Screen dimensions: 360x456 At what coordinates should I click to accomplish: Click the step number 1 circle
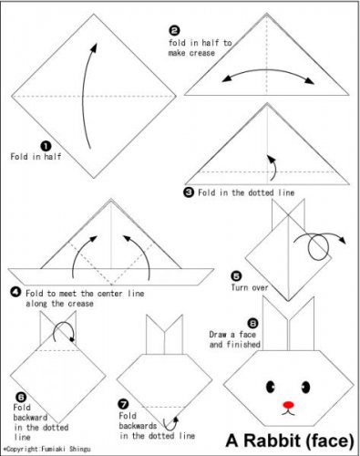46,146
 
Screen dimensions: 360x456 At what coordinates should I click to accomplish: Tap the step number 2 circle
174,30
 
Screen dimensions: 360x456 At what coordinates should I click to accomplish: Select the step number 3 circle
189,192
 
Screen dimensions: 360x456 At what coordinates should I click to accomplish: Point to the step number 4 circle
15,293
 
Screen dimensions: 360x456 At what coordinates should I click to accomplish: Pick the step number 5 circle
236,276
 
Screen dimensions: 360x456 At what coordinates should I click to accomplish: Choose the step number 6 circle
21,397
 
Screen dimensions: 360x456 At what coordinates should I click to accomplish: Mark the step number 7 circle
124,404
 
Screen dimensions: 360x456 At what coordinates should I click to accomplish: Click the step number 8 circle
252,323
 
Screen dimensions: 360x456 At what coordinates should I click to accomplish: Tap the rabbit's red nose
288,405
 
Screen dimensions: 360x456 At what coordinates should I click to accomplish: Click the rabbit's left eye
270,387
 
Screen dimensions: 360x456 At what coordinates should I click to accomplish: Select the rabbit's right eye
305,387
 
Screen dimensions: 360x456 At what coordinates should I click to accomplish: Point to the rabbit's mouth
288,412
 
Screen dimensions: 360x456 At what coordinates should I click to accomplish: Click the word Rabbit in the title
273,440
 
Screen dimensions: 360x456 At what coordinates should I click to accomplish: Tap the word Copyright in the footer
23,449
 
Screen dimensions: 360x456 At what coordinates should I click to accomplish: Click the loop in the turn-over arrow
318,248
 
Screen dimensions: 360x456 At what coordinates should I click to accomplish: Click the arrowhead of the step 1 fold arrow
94,47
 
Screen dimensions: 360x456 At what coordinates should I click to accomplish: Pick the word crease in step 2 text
201,53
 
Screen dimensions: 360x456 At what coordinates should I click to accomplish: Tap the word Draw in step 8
218,335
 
